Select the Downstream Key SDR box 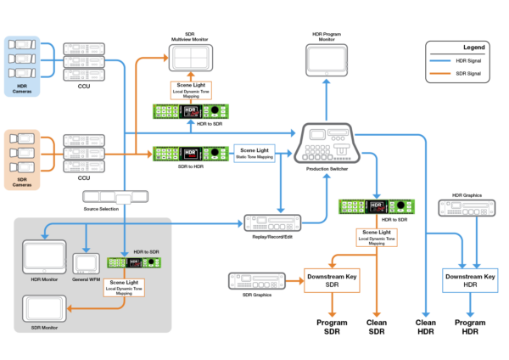coord(332,280)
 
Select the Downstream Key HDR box coord(469,281)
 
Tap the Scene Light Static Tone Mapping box coord(253,154)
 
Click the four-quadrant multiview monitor coord(191,58)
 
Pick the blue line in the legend coord(439,61)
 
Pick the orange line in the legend coord(439,74)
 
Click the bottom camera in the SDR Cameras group coord(24,164)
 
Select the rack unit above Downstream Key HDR coord(466,208)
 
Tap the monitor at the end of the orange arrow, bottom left coord(44,309)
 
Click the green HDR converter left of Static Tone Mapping coord(191,154)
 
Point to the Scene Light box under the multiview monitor coord(191,91)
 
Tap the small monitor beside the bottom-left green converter coord(86,263)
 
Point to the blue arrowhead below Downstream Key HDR coord(469,314)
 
